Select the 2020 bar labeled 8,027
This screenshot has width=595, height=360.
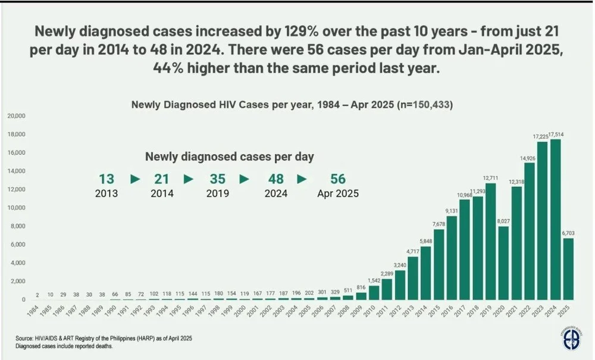(x=503, y=262)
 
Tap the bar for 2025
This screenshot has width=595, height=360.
(x=568, y=268)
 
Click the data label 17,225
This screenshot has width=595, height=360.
(x=541, y=137)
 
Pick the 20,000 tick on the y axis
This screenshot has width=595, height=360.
(x=16, y=116)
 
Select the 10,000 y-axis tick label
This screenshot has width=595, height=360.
(x=16, y=208)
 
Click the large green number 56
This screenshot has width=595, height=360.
(x=338, y=179)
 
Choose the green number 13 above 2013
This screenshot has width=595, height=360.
(x=107, y=179)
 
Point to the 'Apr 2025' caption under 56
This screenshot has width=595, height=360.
(x=338, y=194)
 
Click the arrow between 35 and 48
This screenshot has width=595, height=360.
(x=245, y=179)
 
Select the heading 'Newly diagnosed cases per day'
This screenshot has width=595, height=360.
(x=230, y=157)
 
